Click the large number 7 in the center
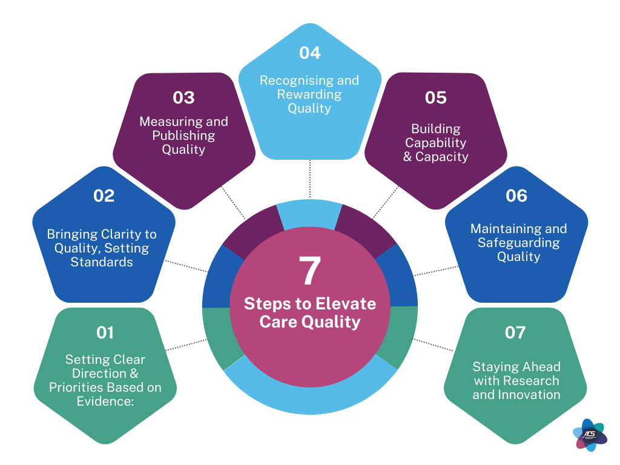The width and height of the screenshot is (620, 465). pos(310,271)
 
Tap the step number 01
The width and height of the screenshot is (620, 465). pos(105,332)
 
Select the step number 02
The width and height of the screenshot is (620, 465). pos(104,196)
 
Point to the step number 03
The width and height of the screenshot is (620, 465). pos(183,97)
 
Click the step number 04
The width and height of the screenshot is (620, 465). pos(309,53)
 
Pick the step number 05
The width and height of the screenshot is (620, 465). pos(435,97)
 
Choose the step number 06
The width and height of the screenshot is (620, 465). pos(516,196)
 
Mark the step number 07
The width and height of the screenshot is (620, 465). pos(515,332)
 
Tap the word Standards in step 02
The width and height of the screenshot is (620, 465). pos(102,262)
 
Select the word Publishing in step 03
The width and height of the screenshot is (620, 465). pos(183,136)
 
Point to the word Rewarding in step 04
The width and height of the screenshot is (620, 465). pos(309,94)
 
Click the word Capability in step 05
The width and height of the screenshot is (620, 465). pos(435,143)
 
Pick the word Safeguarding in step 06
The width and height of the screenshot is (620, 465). pos(518,243)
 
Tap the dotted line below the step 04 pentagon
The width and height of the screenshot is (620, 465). pos(310,179)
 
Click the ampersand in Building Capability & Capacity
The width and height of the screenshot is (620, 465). pos(406,157)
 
